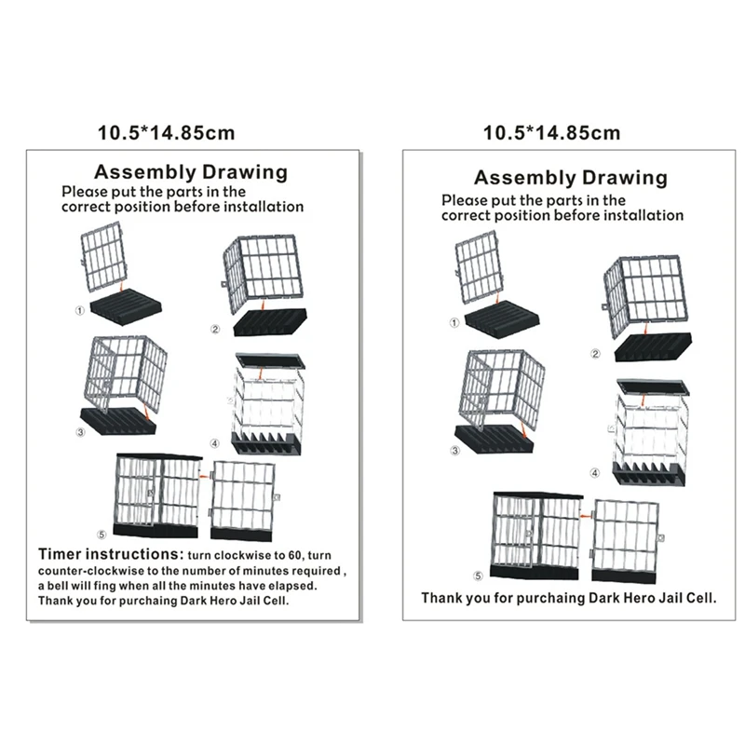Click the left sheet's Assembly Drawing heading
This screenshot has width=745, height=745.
click(191, 171)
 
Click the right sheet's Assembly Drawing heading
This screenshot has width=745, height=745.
click(571, 177)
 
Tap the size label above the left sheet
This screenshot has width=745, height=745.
click(167, 132)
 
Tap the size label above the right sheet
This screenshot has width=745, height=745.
click(551, 132)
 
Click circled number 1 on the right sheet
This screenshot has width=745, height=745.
click(454, 322)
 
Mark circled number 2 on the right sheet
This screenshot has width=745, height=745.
click(595, 354)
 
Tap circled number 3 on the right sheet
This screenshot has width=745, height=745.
click(455, 452)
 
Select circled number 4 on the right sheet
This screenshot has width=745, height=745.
click(595, 472)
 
